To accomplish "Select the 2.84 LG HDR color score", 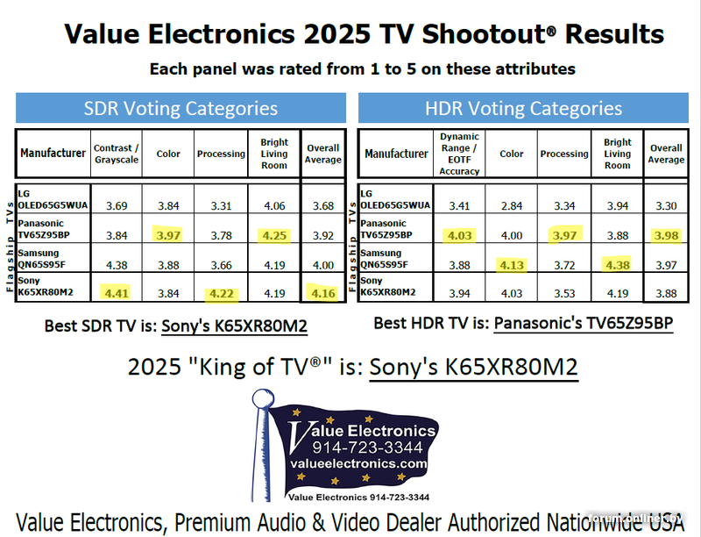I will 512,205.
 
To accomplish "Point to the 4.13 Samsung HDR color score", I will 512,263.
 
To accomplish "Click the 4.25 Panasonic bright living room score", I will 273,235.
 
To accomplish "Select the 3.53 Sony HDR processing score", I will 563,292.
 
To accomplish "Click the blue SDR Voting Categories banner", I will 181,109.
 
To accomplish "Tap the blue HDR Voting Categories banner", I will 523,109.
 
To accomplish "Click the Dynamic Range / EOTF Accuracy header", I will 459,154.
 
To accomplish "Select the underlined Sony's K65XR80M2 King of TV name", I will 473,366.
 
